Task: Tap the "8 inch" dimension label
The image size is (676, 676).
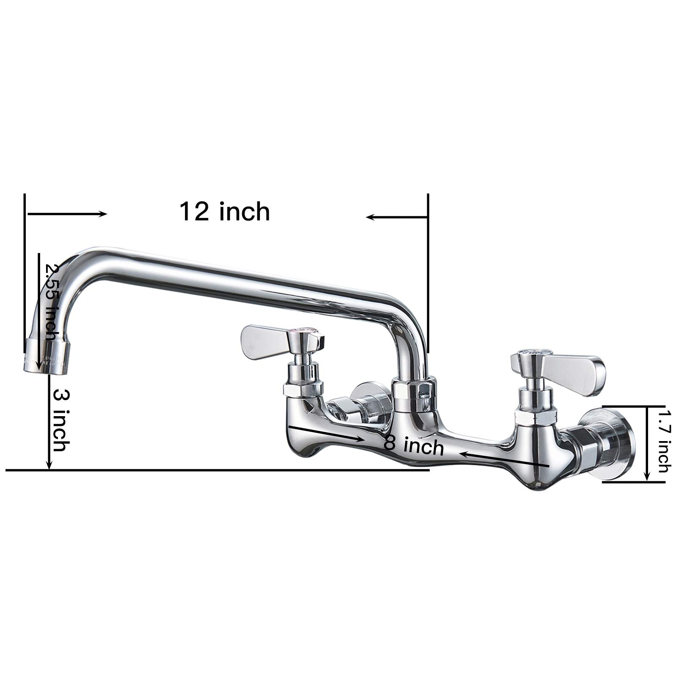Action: pyautogui.click(x=414, y=445)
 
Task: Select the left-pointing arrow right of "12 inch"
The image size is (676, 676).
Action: pyautogui.click(x=397, y=217)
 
